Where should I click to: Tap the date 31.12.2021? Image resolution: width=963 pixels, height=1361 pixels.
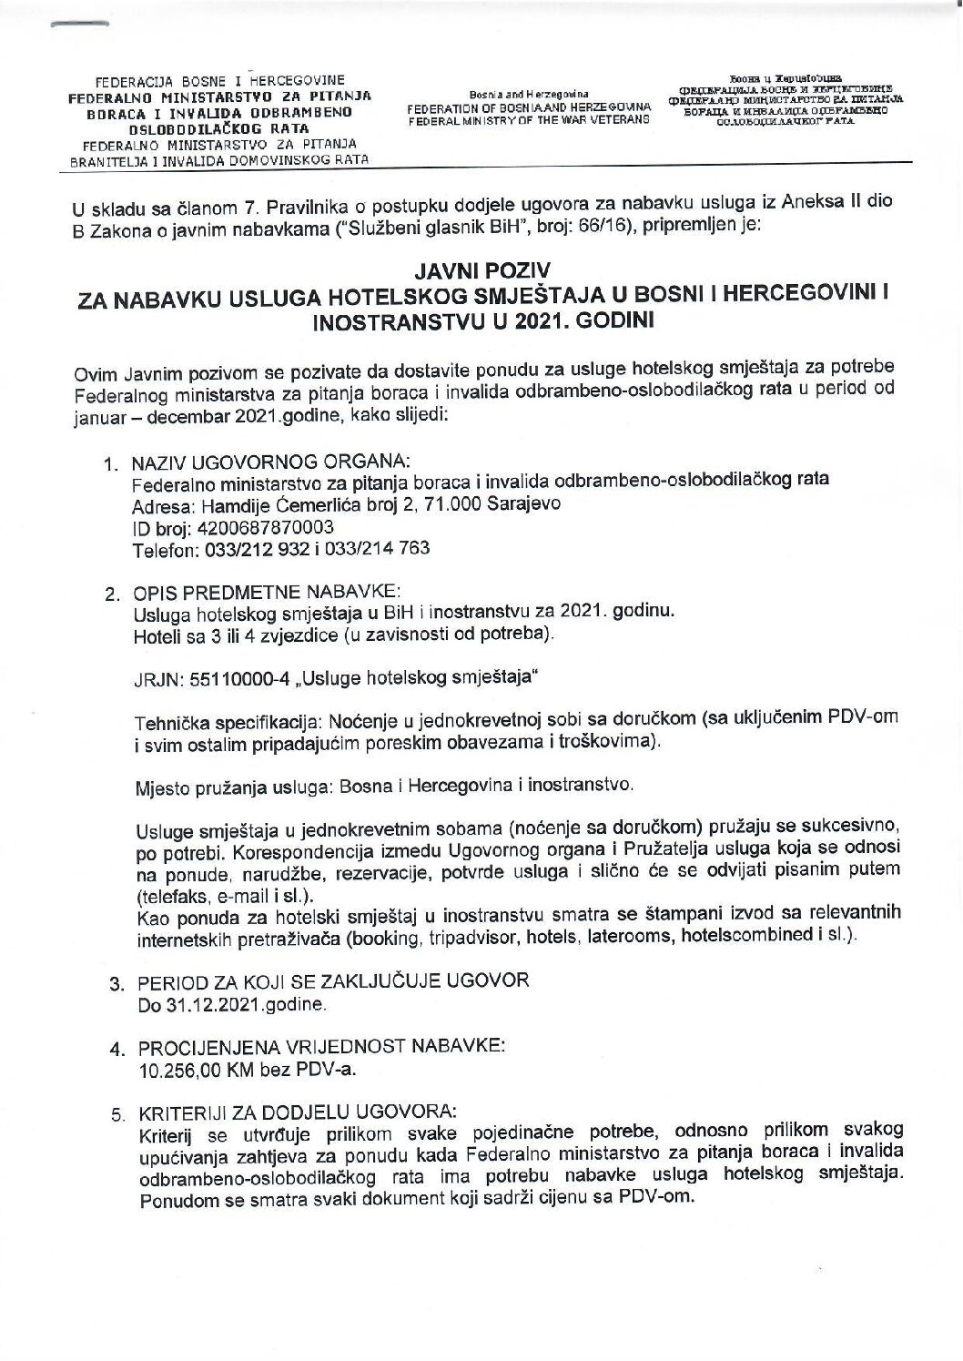[x=199, y=1006]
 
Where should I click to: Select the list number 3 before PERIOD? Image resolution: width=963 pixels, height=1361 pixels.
[x=116, y=985]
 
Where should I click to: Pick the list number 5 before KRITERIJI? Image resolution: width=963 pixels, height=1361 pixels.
[x=116, y=1112]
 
